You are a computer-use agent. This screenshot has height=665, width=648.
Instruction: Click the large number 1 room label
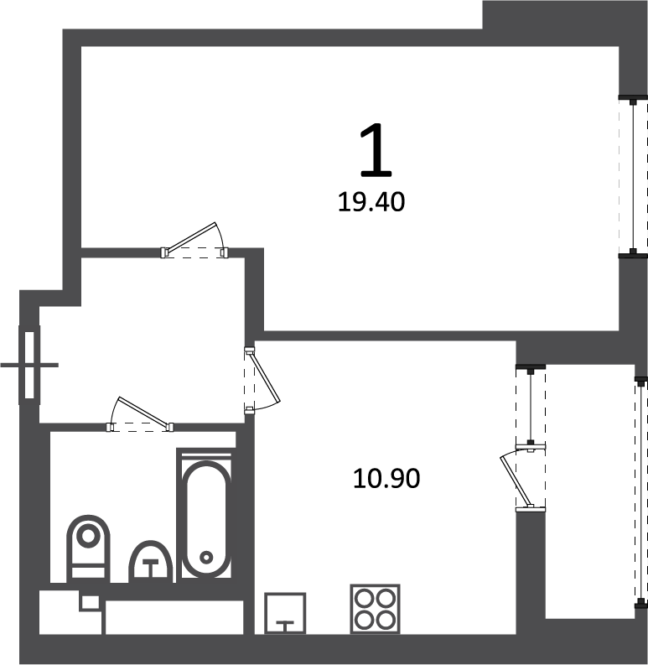click(376, 150)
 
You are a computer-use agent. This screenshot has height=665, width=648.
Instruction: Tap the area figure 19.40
click(371, 202)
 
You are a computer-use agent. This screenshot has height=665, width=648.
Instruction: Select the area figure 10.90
click(386, 478)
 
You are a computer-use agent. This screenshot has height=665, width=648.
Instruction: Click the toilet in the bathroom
click(88, 548)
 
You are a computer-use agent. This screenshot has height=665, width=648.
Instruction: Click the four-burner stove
click(376, 609)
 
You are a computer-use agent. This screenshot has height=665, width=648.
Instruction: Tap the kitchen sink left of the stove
click(285, 613)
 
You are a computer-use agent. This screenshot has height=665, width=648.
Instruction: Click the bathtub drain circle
click(206, 558)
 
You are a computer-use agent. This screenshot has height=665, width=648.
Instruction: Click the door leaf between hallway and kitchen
click(265, 376)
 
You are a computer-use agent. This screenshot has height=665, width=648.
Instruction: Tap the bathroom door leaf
click(143, 411)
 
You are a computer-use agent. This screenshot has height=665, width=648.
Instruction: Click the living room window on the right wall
click(633, 176)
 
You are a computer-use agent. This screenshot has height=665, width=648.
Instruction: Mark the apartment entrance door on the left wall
click(29, 365)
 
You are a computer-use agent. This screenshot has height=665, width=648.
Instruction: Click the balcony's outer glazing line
click(640, 492)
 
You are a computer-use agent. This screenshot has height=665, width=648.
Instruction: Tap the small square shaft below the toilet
click(91, 602)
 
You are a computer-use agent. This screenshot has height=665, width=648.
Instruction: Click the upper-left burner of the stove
click(364, 600)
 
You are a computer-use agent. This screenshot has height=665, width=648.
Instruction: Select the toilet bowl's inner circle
click(88, 536)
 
